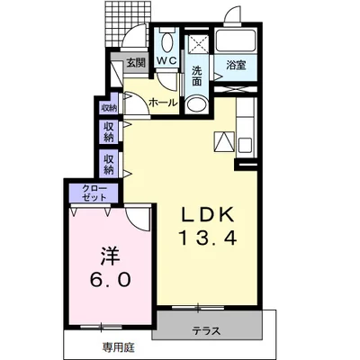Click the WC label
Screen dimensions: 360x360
pos(166,60)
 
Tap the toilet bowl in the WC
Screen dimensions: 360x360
pos(166,41)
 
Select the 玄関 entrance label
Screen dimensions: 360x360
pos(136,63)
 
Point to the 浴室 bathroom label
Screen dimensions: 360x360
pos(236,65)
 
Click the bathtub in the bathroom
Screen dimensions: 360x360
pos(236,40)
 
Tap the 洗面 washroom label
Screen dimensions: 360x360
pos(196,76)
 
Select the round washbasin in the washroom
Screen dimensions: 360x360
pos(196,104)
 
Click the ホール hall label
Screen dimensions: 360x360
pos(163,103)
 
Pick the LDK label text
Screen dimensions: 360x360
pos(208,214)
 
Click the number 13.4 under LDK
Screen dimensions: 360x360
pos(208,238)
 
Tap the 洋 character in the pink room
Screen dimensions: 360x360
pos(110,256)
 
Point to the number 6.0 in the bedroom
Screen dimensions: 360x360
pos(110,280)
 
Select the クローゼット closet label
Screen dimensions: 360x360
pos(94,193)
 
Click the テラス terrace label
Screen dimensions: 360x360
pos(206,331)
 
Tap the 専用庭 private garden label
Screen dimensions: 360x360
pos(119,347)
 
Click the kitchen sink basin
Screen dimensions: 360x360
pos(247,145)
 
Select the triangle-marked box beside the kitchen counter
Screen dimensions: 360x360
pos(224,140)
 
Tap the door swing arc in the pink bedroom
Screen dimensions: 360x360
pos(137,219)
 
